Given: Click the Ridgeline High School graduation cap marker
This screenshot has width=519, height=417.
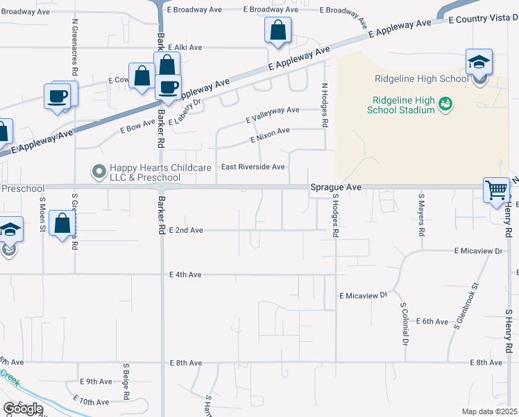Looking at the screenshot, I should point(479,63).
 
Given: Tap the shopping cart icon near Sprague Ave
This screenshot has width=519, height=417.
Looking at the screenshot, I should point(497,190).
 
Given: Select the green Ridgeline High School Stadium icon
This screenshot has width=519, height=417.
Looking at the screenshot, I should point(445,104).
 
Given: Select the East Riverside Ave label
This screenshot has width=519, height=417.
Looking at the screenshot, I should point(253,167).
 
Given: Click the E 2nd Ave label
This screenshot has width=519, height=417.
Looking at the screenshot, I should point(186,230).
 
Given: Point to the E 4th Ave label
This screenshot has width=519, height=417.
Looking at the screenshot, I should point(185,275).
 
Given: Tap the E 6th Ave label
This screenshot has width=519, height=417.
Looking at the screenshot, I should point(432,321).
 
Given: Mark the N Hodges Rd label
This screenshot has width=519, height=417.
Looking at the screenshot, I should point(324,105).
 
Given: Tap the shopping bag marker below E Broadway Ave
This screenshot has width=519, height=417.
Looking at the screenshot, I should point(277,31).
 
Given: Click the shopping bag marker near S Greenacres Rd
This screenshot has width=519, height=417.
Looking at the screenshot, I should point(62,224).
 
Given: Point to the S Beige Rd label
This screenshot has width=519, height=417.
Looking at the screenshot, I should point(126,382).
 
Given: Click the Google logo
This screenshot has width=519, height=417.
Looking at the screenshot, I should point(23,409).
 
